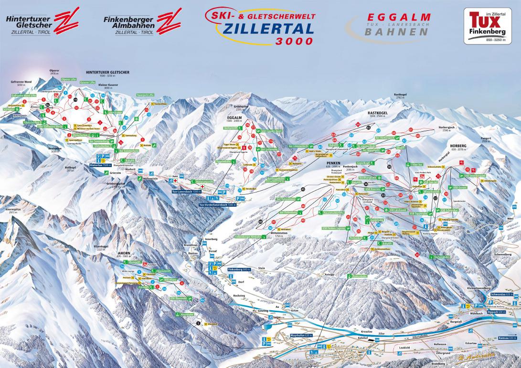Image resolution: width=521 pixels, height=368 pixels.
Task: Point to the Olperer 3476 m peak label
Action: (54, 73)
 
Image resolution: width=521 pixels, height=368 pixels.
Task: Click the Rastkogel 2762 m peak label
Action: (400, 96)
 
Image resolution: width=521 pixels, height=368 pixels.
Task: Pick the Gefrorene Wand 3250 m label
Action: (21, 84)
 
